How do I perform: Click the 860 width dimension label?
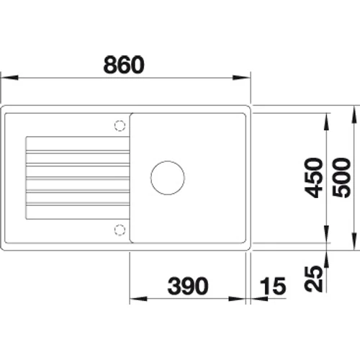(x=124, y=65)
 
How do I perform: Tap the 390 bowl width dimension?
(x=188, y=286)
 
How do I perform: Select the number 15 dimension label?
(x=273, y=286)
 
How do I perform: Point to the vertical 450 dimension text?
(x=313, y=178)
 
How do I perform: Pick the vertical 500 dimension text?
(x=341, y=178)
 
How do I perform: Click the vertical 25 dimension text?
(x=313, y=279)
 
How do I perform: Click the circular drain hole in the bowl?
(x=168, y=178)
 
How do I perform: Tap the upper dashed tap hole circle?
(x=120, y=125)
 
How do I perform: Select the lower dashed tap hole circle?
(x=120, y=230)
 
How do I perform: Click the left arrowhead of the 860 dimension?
(x=9, y=78)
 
